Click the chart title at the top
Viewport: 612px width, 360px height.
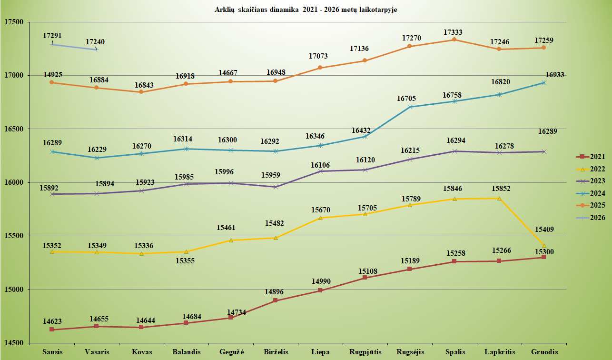(x=306, y=9)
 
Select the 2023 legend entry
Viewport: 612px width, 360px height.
(x=592, y=181)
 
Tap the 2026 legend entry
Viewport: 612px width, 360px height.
(x=592, y=218)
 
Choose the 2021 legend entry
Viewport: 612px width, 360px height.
(x=592, y=156)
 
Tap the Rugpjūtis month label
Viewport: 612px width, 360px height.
(x=365, y=352)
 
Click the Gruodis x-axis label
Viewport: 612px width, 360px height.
(x=543, y=352)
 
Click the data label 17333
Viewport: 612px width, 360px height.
(x=453, y=32)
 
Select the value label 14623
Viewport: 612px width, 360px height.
(x=52, y=321)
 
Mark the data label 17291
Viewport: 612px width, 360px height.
(x=52, y=36)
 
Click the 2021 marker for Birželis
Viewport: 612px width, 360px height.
(x=276, y=300)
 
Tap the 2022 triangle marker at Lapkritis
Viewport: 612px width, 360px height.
(x=499, y=198)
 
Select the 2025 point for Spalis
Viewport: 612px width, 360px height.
(x=454, y=40)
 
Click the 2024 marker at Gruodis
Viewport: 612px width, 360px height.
(x=544, y=83)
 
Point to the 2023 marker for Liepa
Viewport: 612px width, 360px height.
(x=320, y=171)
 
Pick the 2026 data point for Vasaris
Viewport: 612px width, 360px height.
(x=97, y=50)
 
